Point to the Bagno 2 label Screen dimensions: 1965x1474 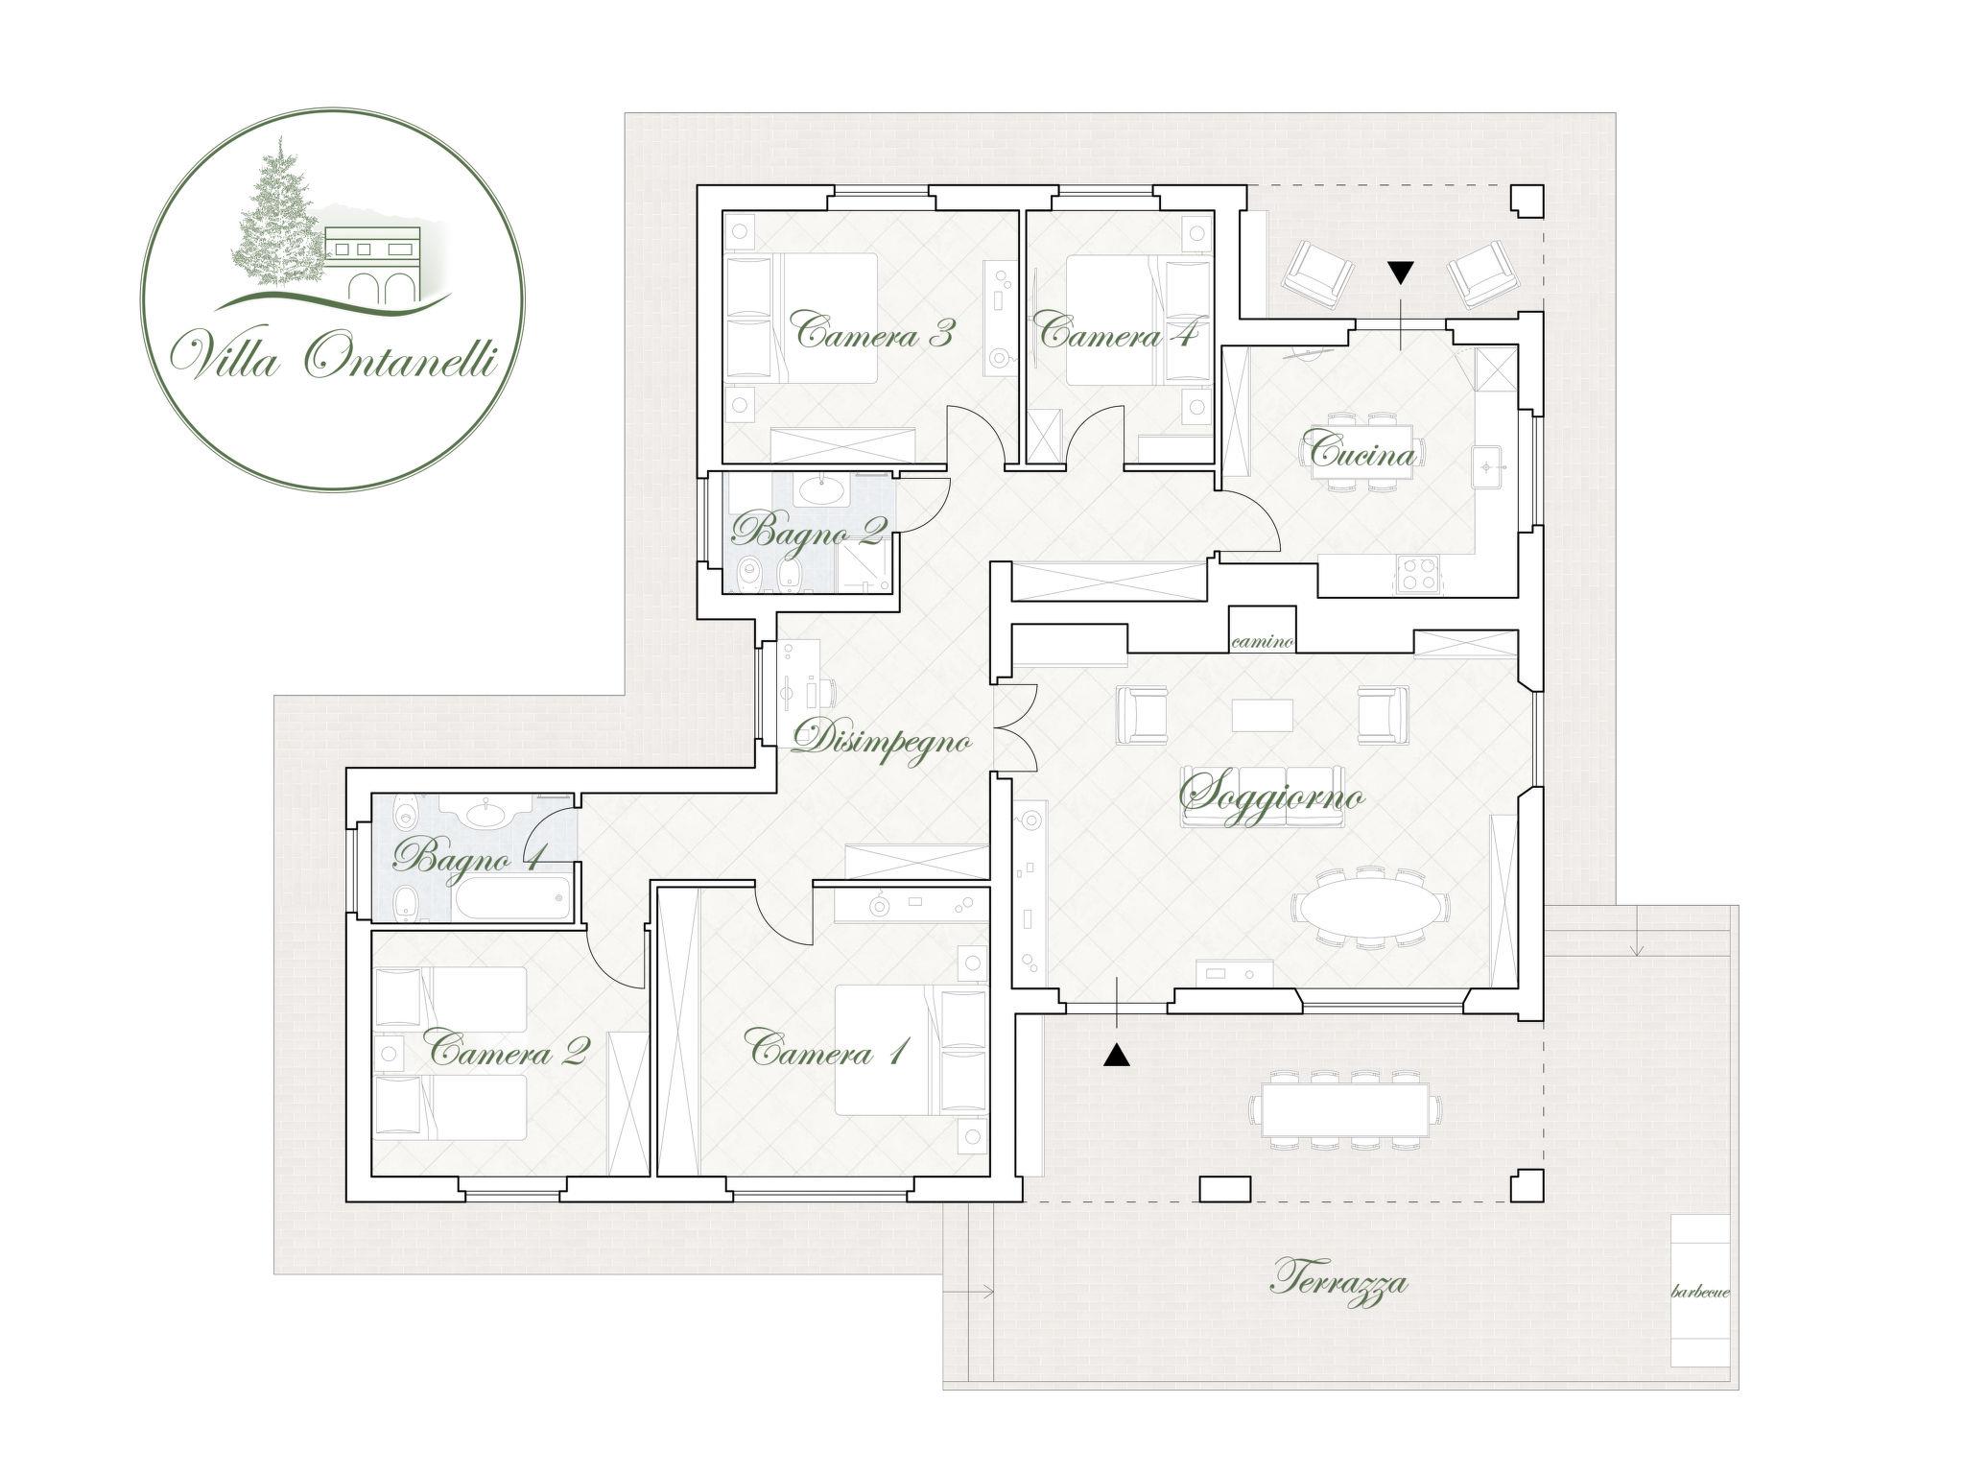808,530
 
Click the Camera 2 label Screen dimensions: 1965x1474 509,1052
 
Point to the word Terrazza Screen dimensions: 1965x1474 1339,1283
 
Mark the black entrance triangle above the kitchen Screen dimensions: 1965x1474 1401,273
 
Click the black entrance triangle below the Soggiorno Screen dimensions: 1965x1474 1116,1056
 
